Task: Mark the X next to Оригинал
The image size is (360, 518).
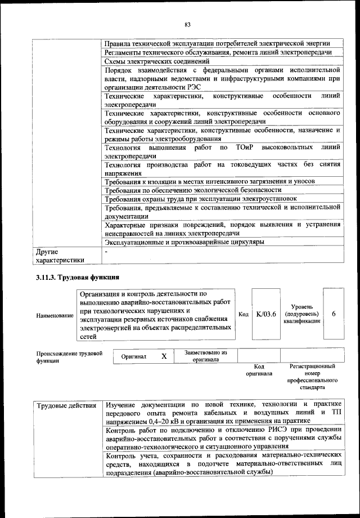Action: tap(164, 356)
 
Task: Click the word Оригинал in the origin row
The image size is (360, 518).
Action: tap(133, 357)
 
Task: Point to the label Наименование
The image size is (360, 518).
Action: tap(55, 316)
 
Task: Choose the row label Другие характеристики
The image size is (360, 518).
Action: tap(60, 256)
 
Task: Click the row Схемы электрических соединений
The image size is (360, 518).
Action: tap(157, 61)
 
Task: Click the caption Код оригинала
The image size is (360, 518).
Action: tap(259, 370)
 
